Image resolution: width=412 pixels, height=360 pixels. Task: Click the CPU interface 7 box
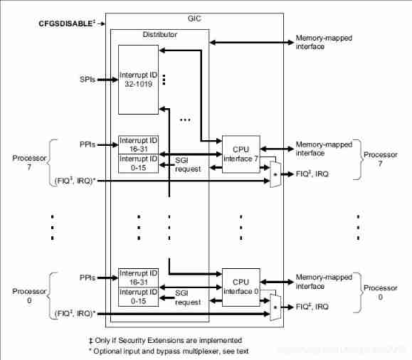click(x=241, y=153)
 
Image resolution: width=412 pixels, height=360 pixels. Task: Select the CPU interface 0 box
click(x=241, y=286)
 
